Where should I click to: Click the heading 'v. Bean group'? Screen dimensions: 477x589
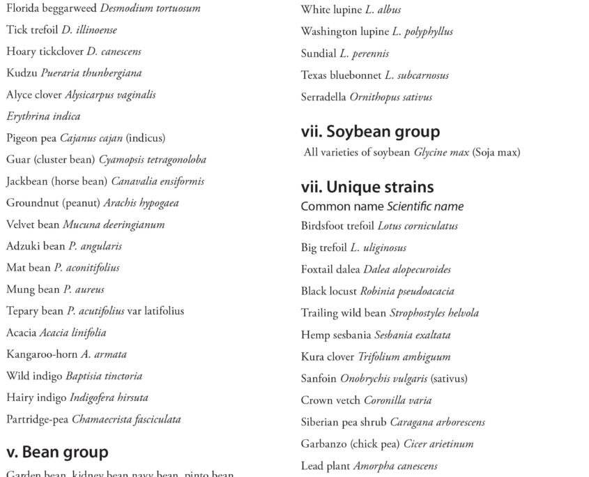(57, 452)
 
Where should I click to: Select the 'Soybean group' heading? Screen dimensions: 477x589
(370, 131)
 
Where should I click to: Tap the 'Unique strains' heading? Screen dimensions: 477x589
(367, 187)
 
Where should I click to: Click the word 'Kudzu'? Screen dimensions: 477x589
(22, 73)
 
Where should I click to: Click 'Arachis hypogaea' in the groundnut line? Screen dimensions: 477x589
(141, 203)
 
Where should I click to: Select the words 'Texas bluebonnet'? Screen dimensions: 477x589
(341, 75)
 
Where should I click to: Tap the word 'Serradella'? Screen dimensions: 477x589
(323, 97)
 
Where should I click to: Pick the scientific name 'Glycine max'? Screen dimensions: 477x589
(441, 153)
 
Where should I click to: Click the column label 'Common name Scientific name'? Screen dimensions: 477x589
(382, 206)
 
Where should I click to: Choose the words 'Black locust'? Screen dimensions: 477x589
(329, 291)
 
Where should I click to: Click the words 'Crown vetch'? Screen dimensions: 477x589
(330, 400)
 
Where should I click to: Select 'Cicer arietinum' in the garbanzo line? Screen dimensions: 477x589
(438, 444)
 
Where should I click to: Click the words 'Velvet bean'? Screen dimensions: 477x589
(33, 225)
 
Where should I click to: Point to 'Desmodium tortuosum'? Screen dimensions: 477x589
(150, 8)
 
